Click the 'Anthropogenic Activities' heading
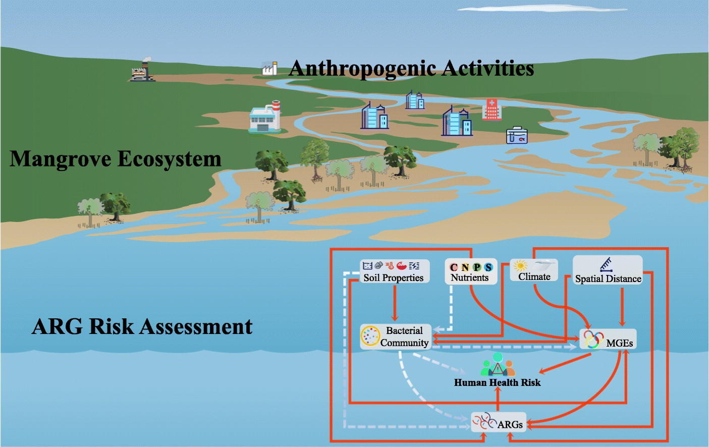tap(411, 68)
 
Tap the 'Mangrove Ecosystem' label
tap(116, 159)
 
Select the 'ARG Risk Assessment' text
tap(142, 326)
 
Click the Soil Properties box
tap(394, 271)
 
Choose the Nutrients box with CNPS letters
tap(470, 271)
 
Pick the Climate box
tap(534, 270)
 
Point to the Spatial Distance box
tap(608, 271)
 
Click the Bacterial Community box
tap(396, 337)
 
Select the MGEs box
tap(608, 339)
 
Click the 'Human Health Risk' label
tap(497, 382)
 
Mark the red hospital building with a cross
tap(492, 109)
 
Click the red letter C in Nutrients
tap(454, 267)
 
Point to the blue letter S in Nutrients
tap(488, 267)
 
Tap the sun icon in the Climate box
tap(520, 265)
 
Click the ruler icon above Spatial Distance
tap(606, 264)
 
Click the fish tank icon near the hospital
tap(517, 135)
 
